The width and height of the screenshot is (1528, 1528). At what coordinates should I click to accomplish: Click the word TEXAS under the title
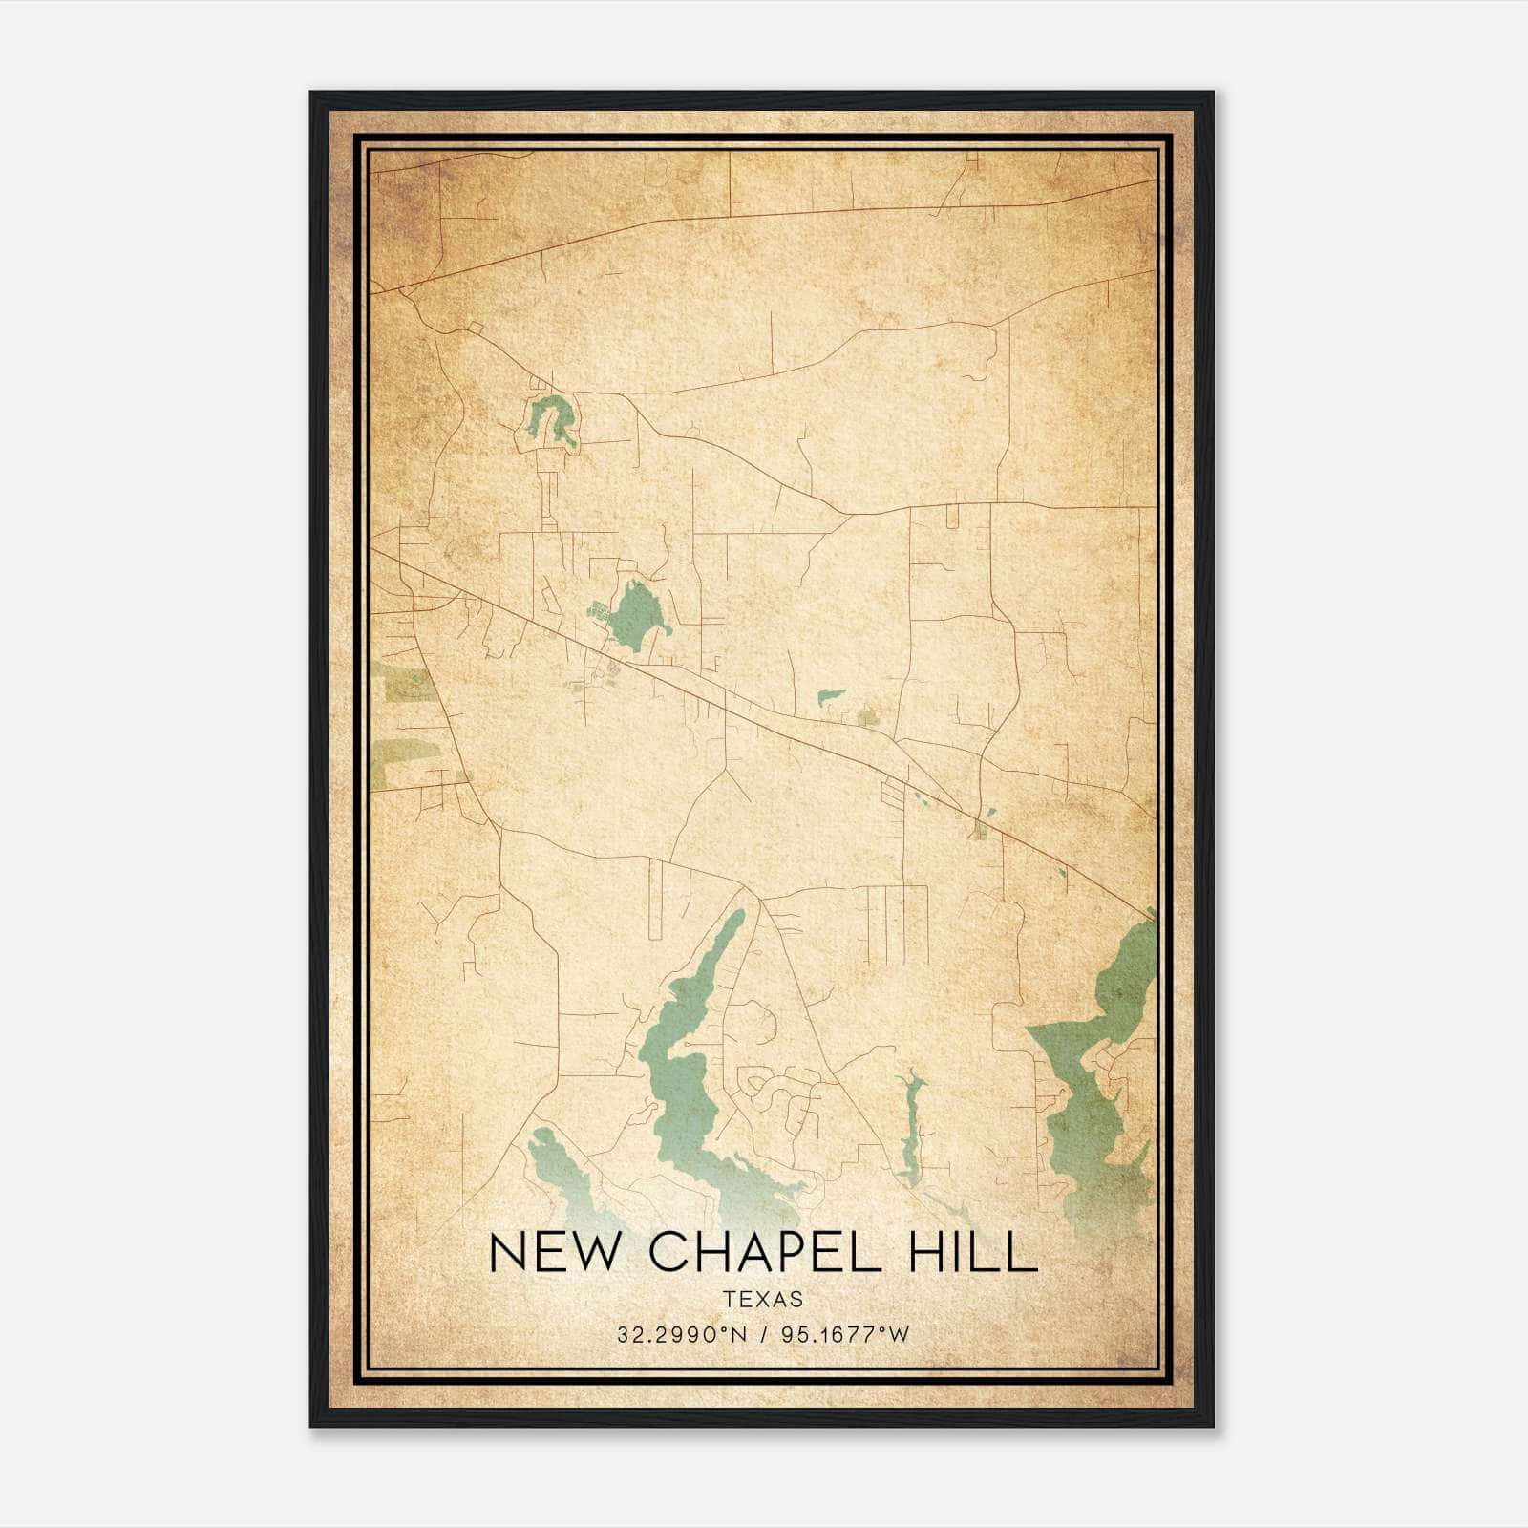tap(763, 1300)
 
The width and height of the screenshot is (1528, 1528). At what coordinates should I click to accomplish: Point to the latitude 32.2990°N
tap(678, 1335)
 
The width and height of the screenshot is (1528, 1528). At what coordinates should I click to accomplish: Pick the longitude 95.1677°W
tap(846, 1335)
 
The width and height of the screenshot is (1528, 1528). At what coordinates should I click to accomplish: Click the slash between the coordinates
tap(763, 1335)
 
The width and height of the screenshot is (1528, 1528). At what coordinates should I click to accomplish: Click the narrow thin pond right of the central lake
tap(910, 1127)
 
